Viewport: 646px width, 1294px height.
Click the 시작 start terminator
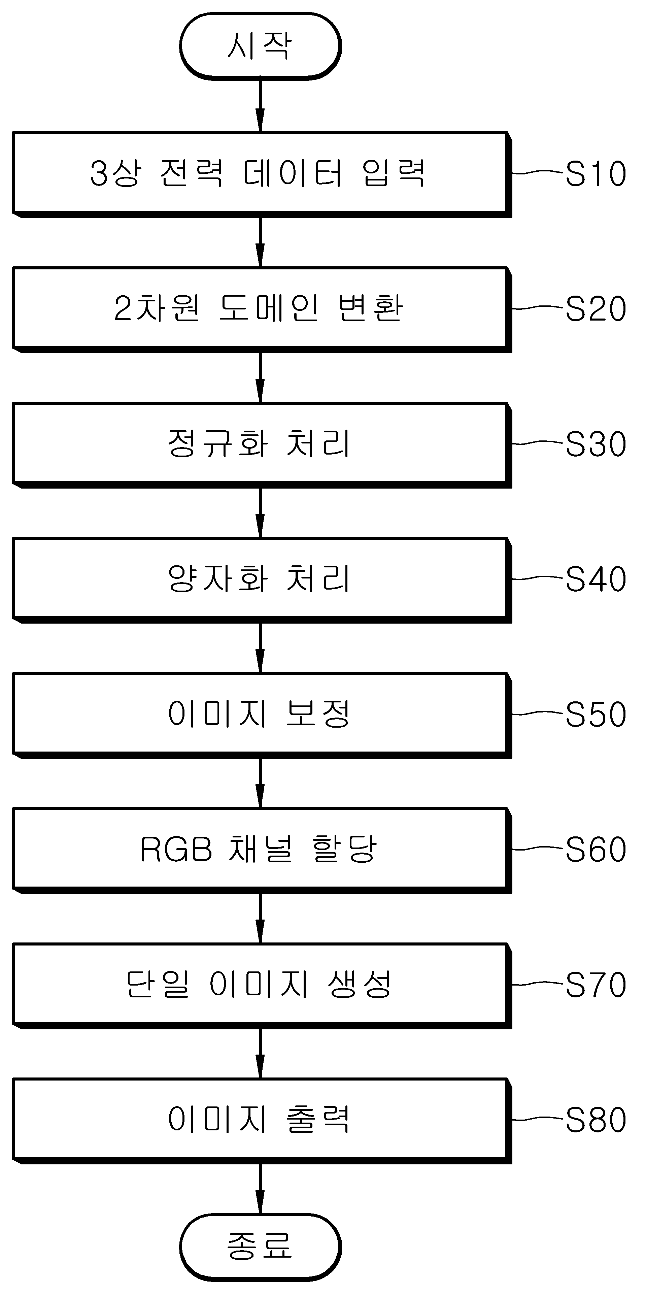260,46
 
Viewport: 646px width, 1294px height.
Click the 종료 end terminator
260,1247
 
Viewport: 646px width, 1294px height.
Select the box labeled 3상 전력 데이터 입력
262,174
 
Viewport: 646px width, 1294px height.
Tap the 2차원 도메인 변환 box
262,309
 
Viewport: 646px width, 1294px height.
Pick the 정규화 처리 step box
262,444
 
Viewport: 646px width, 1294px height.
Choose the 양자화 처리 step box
262,580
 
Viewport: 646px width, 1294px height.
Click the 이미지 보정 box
262,715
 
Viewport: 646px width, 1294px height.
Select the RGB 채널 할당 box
262,850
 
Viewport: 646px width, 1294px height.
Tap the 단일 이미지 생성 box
262,985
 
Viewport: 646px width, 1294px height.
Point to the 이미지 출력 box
262,1120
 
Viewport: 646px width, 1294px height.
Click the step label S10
596,174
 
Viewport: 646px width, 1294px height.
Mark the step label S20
596,308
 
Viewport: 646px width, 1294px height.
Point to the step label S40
596,579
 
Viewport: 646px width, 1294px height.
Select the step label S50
596,714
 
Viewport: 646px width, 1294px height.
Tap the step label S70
596,984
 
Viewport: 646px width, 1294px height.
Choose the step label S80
596,1119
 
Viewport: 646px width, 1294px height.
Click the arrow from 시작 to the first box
260,105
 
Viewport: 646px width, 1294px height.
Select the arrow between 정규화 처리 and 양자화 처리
260,512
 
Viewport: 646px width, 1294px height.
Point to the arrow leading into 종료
260,1189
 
